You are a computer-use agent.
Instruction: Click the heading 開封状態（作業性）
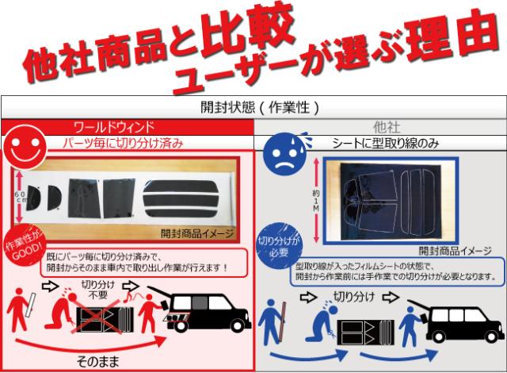point(254,106)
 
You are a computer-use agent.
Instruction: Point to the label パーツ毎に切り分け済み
point(135,144)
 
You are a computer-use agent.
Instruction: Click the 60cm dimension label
point(20,198)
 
